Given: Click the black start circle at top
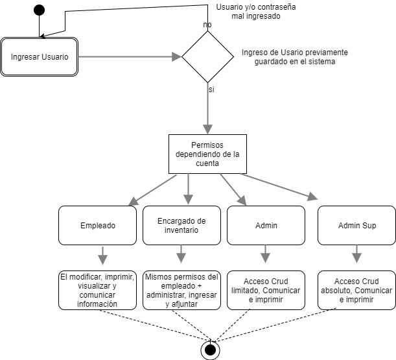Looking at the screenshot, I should [39, 10].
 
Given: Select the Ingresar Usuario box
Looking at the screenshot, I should [40, 56].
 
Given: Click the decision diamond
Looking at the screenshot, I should [207, 56].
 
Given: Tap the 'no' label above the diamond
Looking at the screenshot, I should [207, 25].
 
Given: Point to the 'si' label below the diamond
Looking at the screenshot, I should [211, 89].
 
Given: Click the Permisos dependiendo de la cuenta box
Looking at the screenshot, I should [207, 154].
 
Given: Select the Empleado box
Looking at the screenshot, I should [98, 226].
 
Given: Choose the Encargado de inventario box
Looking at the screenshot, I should [181, 225].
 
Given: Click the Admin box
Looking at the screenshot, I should [266, 226].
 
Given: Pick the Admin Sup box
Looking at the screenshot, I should [357, 226].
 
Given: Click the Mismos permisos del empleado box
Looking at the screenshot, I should [181, 290].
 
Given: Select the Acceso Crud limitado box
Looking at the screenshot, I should [266, 290].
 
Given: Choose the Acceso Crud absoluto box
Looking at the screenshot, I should [357, 290].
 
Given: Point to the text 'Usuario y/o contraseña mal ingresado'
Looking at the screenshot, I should [247, 12].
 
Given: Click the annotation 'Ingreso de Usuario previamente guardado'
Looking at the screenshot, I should [294, 57].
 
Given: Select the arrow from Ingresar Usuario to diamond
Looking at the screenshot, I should [130, 56].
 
